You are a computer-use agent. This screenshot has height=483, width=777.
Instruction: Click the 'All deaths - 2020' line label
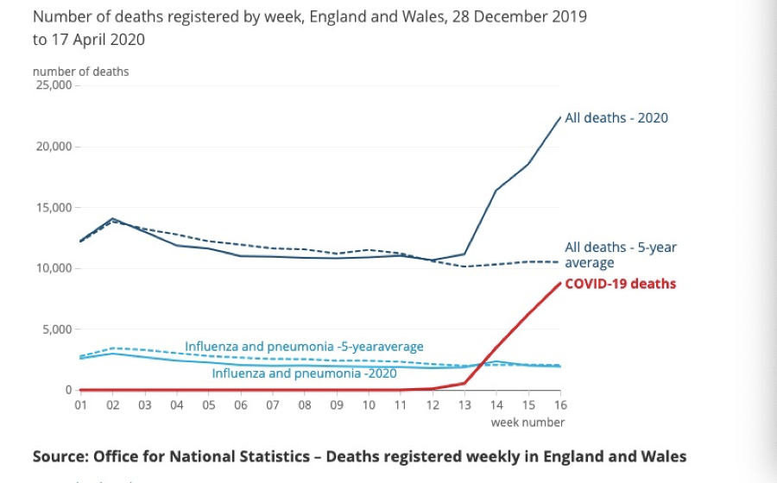(616, 118)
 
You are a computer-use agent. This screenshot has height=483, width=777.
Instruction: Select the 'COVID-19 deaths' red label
(620, 284)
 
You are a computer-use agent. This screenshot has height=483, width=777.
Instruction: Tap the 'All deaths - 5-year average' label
(621, 255)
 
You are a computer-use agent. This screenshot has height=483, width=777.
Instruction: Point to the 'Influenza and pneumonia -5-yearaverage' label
(304, 347)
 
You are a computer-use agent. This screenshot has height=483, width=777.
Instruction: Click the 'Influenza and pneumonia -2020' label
(304, 374)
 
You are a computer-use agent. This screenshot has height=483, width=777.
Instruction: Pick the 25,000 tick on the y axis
(54, 85)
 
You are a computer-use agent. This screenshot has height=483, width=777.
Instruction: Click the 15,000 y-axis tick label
(54, 208)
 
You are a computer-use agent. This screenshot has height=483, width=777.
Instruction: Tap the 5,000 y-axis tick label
(57, 329)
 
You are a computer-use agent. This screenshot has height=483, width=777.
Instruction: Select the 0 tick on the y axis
(68, 391)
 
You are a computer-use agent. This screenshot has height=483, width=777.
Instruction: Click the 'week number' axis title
(527, 423)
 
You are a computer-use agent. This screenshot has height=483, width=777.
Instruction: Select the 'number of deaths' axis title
(80, 72)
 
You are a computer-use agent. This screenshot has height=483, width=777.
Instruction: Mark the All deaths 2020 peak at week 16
(560, 117)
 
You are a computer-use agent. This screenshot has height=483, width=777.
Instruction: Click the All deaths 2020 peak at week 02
(112, 219)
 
